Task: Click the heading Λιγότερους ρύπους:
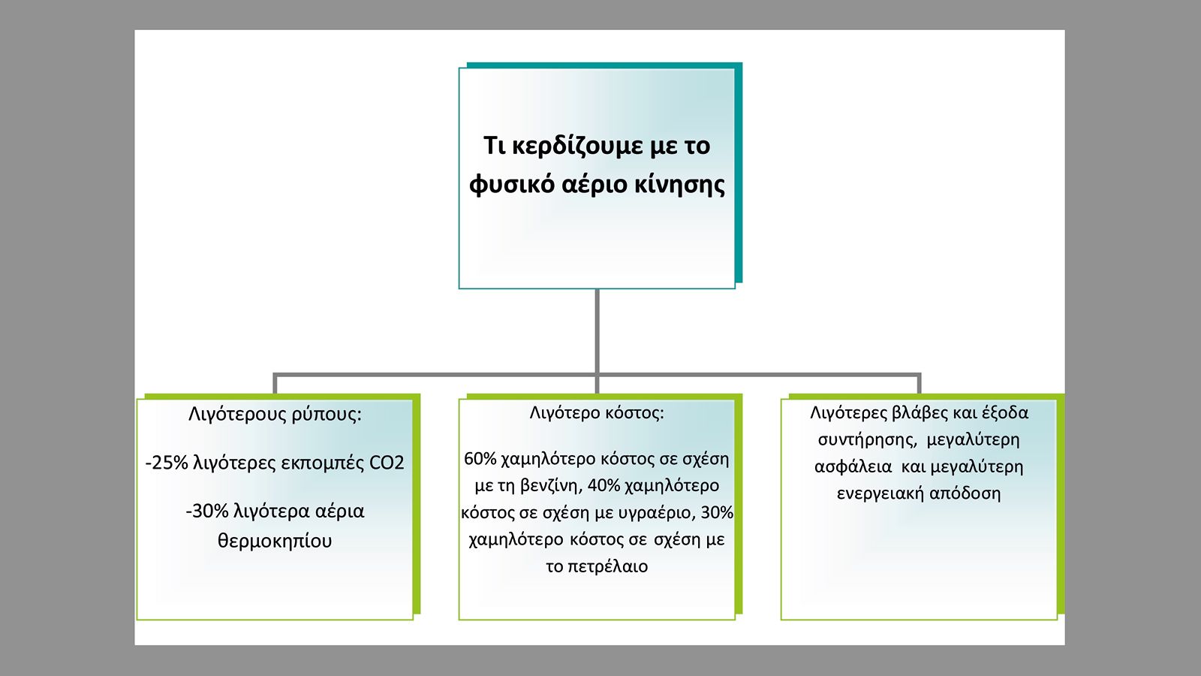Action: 275,415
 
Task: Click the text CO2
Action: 387,463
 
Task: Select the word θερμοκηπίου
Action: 275,541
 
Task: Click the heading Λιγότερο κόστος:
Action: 597,413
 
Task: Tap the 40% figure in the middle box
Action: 604,485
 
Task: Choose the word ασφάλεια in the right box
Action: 853,466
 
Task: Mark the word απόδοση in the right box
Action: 965,493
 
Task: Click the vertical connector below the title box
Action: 597,331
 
